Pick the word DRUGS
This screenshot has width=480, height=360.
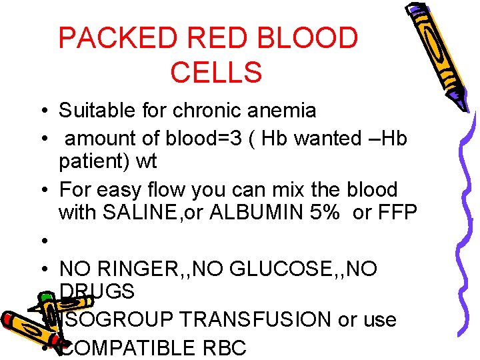coord(97,291)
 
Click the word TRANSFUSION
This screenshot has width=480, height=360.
coord(260,320)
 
